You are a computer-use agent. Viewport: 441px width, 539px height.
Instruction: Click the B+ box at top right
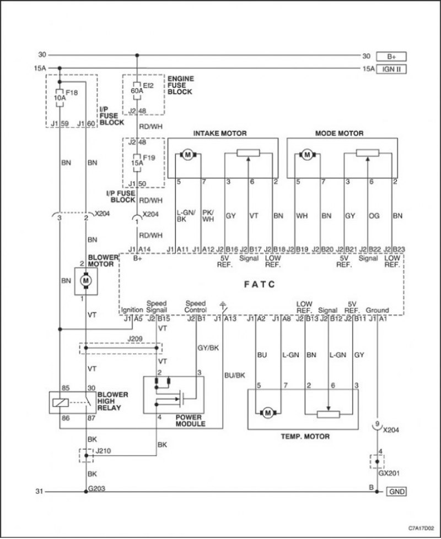point(391,56)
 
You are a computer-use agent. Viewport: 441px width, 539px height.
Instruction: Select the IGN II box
point(391,69)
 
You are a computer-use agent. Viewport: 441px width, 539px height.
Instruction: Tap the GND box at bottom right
point(396,492)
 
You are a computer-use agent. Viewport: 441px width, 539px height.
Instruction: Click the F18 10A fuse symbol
point(60,97)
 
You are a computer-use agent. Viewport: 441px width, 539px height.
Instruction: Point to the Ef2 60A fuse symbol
point(137,91)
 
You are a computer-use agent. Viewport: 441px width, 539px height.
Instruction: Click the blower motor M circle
point(86,281)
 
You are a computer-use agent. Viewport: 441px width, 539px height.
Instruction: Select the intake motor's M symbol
point(187,155)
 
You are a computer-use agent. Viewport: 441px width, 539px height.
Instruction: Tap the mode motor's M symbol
point(307,155)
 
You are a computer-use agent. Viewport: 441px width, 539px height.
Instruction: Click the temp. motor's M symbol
point(268,412)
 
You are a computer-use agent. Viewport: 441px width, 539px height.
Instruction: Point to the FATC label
point(260,284)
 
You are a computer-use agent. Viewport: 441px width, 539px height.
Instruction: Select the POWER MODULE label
point(190,421)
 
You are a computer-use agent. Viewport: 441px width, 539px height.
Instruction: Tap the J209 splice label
point(135,339)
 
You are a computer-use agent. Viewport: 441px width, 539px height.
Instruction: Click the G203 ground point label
point(96,488)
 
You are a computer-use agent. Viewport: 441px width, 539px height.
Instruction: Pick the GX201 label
point(389,473)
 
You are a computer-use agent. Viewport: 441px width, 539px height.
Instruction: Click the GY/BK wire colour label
point(208,348)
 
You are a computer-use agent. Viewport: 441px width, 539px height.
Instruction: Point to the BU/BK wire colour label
point(235,375)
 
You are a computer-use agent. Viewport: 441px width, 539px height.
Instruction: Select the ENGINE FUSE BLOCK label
point(180,85)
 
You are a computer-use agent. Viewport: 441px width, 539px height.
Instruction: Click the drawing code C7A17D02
point(421,527)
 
